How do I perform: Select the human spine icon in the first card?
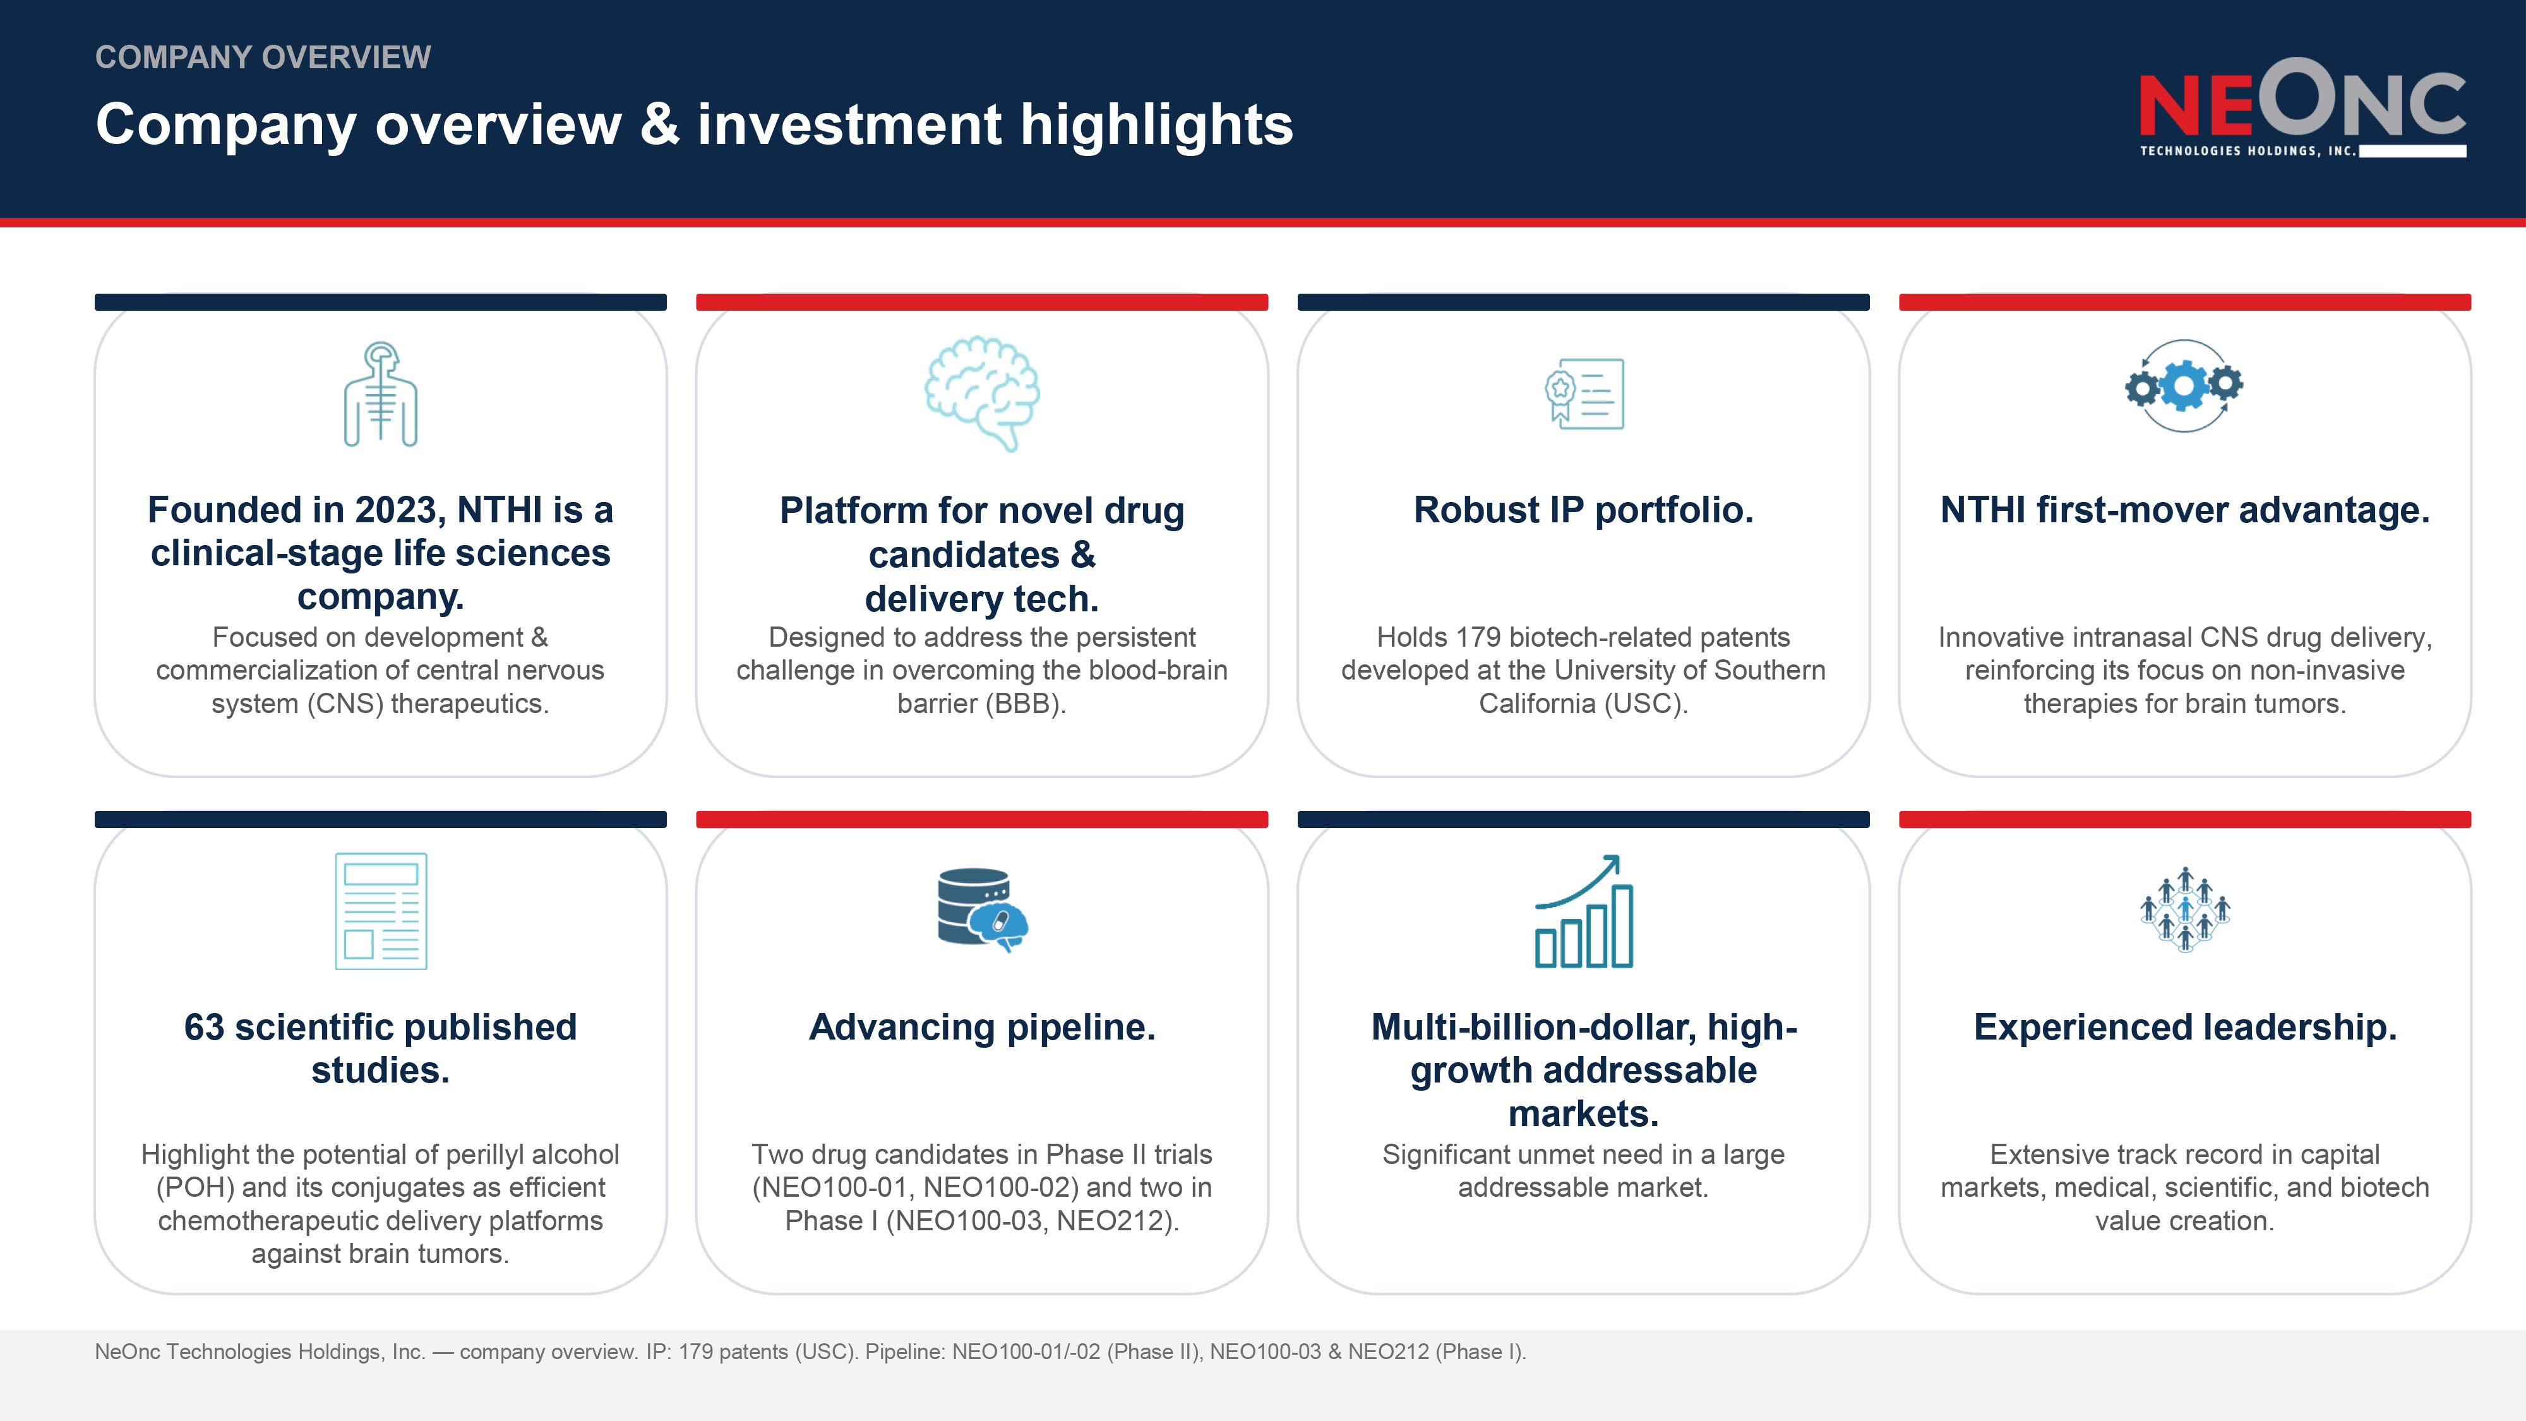coord(380,393)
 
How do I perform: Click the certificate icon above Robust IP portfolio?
coord(1584,393)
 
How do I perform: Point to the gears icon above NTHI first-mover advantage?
coord(2184,385)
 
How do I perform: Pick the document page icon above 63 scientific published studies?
coord(380,911)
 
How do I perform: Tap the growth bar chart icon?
coord(1584,911)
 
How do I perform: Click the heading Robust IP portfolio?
coord(1584,510)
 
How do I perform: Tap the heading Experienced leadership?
coord(2185,1027)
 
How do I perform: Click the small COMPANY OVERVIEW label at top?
coord(263,57)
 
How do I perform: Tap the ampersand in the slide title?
coord(660,124)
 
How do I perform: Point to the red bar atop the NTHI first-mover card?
coord(2185,302)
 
